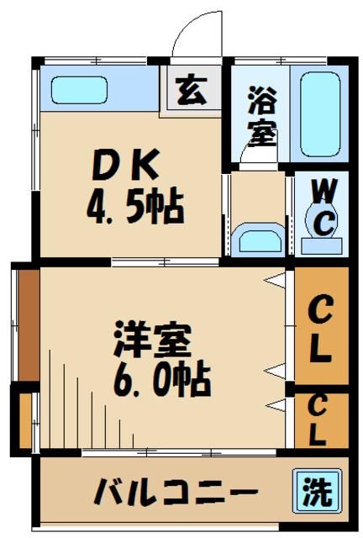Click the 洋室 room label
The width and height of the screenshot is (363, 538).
pyautogui.click(x=153, y=340)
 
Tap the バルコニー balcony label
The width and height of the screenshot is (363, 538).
pyautogui.click(x=173, y=489)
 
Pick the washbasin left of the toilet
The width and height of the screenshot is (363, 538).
pyautogui.click(x=258, y=239)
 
